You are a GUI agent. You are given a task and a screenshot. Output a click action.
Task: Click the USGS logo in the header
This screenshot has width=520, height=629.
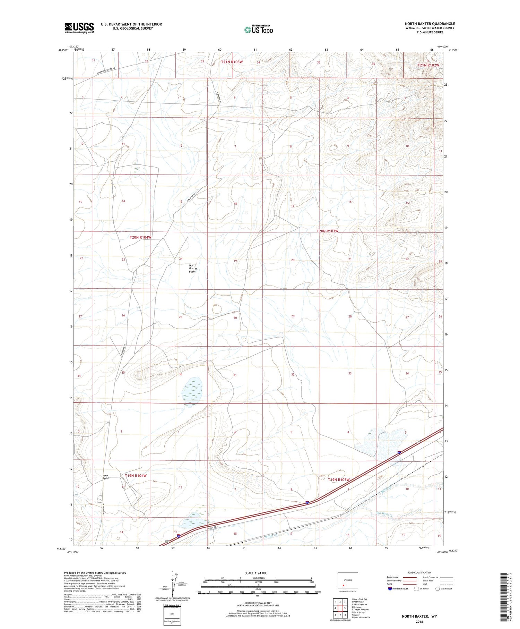point(79,28)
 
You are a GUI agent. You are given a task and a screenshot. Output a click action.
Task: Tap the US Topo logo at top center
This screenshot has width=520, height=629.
point(258,30)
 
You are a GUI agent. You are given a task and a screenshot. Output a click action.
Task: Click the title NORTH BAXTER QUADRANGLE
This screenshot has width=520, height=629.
point(430,24)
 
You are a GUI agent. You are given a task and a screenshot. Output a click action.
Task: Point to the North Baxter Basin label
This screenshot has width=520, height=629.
point(192,269)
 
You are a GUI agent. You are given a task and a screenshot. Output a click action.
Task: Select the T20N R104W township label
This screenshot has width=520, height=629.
point(140,237)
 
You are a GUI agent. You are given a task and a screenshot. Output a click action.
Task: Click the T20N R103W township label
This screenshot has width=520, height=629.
point(327,231)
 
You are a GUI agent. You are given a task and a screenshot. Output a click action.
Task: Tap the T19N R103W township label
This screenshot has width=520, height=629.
point(339,480)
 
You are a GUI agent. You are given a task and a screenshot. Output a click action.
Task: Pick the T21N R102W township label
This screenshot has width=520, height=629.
point(428,65)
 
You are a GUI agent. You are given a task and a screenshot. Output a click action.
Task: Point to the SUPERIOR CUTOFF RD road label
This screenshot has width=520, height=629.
point(106,71)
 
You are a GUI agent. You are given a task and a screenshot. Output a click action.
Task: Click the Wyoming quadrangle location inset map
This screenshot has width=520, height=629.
point(348,580)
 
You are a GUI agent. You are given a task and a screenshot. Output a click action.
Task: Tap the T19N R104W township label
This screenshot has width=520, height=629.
point(136,476)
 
